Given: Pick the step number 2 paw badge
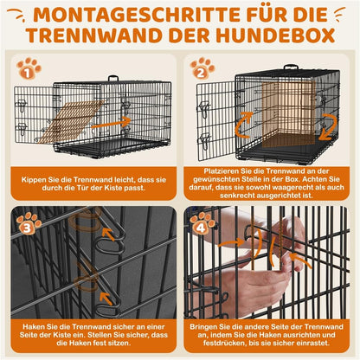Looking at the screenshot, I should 202,68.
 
